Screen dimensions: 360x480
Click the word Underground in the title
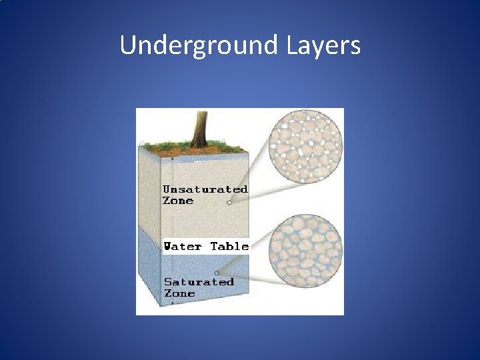click(x=199, y=46)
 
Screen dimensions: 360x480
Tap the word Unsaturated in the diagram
click(x=205, y=189)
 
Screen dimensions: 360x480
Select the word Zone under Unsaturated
click(x=178, y=201)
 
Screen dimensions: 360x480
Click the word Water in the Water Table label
click(x=183, y=246)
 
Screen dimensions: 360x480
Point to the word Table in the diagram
click(x=229, y=246)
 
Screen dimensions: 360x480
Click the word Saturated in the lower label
click(x=199, y=282)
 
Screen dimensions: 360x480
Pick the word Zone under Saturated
click(x=179, y=293)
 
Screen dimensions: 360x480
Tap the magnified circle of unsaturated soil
click(x=305, y=145)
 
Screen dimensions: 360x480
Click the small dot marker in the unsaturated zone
click(x=229, y=203)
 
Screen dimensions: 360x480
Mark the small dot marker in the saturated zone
click(x=217, y=273)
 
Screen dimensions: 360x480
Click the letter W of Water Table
click(x=169, y=246)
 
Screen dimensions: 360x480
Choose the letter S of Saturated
click(x=168, y=282)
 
